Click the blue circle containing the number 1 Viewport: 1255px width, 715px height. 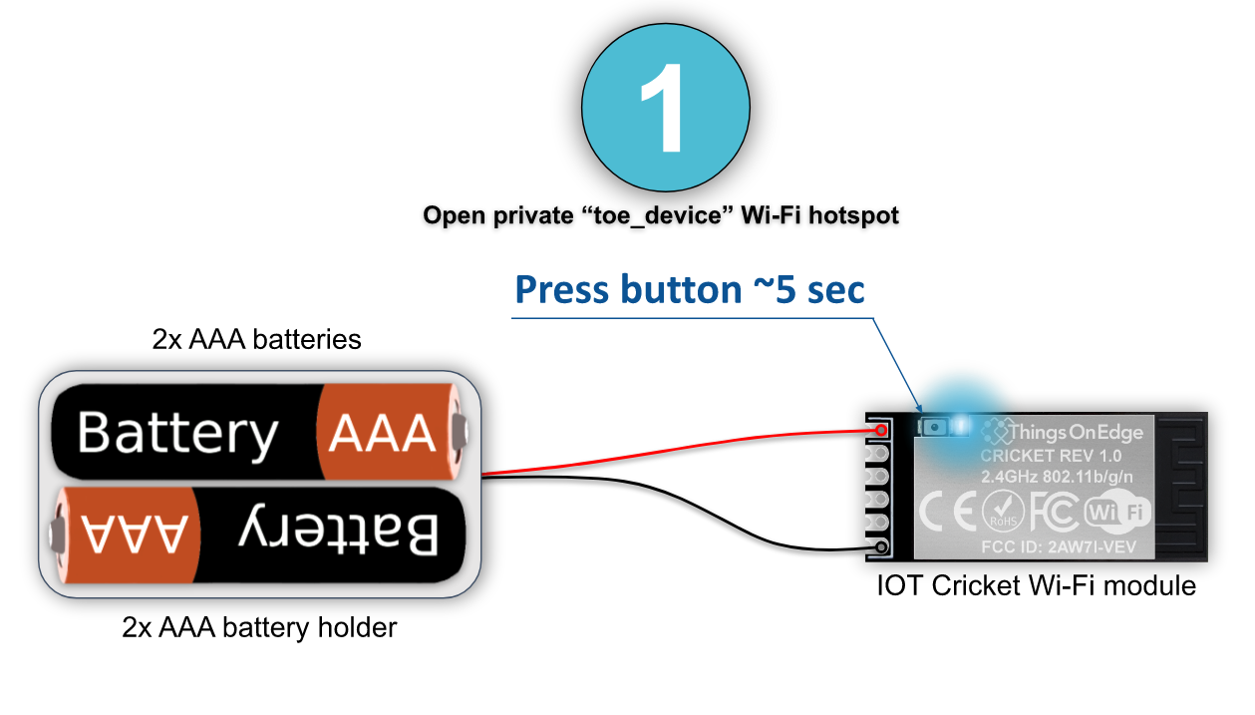click(666, 109)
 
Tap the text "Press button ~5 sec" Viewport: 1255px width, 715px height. click(689, 289)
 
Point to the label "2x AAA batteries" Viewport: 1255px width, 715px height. click(256, 339)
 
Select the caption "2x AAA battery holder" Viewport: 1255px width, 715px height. click(259, 628)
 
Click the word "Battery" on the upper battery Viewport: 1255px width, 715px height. click(177, 434)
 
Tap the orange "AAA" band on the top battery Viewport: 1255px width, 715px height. click(383, 434)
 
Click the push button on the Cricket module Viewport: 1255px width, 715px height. click(935, 427)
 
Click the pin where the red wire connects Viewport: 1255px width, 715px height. click(882, 430)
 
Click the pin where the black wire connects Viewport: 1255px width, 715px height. click(882, 547)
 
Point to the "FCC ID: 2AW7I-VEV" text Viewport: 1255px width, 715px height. click(1059, 546)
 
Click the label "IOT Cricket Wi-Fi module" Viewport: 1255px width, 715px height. click(1036, 585)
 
